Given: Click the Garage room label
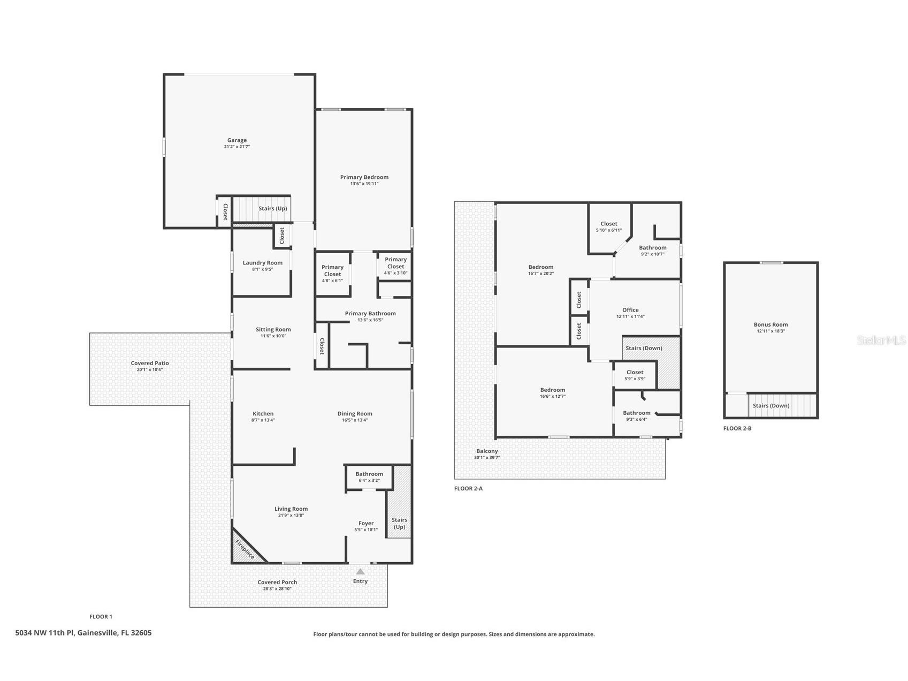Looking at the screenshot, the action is pos(237,140).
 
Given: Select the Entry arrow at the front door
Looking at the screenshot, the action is pos(361,571).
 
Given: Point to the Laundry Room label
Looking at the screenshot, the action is pos(263,263).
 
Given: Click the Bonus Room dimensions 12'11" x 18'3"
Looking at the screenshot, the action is pos(771,331).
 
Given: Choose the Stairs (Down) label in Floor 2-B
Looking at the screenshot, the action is pos(771,405).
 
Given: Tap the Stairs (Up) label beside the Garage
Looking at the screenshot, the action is pos(273,208).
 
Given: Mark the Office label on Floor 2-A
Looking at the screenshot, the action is pos(630,310).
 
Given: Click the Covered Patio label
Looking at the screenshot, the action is pos(150,363).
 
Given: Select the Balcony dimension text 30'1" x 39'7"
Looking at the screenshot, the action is pos(487,458).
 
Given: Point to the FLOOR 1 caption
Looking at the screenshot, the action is pos(101,617).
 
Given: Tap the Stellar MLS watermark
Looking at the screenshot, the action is pos(881,340).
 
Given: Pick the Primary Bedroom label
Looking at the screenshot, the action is pos(364,177).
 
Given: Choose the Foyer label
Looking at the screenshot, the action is pos(366,523).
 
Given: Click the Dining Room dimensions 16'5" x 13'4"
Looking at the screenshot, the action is pos(355,420).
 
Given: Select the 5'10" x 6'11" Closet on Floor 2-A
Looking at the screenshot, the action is pos(609,226).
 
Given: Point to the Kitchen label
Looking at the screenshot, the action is pos(263,413).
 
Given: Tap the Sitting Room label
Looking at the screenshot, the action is pos(273,329).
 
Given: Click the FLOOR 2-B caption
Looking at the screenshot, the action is pos(737,428).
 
